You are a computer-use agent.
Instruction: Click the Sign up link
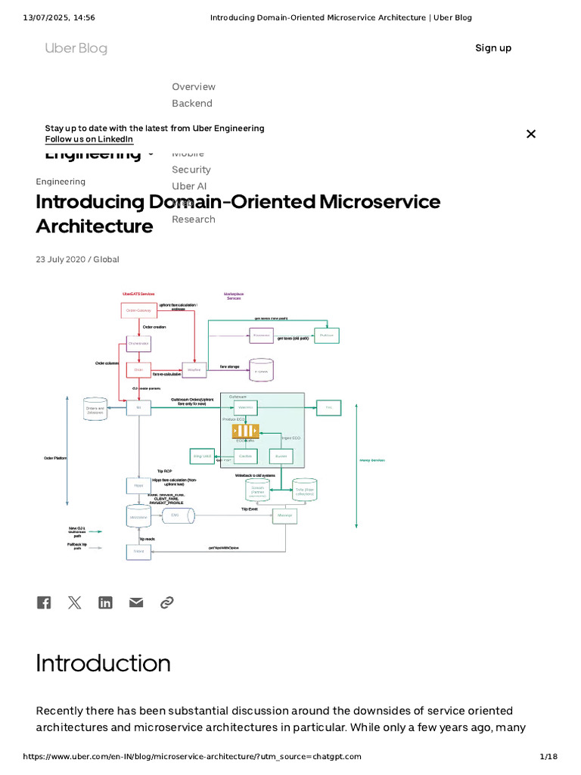(x=493, y=48)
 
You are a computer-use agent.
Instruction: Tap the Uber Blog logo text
(x=76, y=48)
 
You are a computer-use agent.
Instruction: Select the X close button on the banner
(x=531, y=134)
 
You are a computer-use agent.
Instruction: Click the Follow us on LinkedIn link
(x=89, y=139)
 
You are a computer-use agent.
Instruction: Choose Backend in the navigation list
(x=192, y=103)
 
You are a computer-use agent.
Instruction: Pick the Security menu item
(x=191, y=170)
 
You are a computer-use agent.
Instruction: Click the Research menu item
(x=194, y=219)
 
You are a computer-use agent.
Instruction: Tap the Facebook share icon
(x=44, y=602)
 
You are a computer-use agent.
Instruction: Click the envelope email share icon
(x=136, y=602)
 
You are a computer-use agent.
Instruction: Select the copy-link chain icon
(x=167, y=602)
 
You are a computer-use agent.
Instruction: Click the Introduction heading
(x=103, y=663)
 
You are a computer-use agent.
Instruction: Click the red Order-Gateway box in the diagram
(x=139, y=310)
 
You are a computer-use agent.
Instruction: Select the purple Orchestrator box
(x=138, y=344)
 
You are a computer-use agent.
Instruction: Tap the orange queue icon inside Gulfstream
(x=245, y=431)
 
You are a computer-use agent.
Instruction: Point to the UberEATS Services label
(x=138, y=294)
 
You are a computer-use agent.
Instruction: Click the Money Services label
(x=371, y=459)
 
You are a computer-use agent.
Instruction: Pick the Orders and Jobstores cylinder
(x=95, y=409)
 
